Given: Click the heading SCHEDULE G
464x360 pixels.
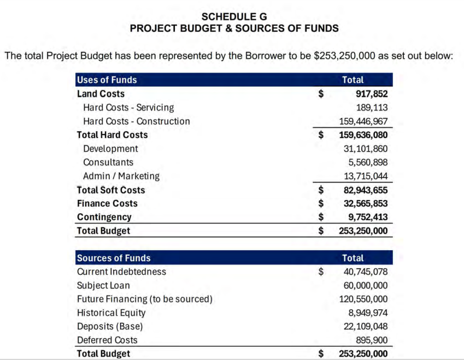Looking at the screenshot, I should click(234, 17).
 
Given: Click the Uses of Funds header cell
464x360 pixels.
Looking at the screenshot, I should click(107, 80).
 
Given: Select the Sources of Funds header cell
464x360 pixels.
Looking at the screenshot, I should click(114, 258).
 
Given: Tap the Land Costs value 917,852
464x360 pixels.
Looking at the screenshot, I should click(372, 94).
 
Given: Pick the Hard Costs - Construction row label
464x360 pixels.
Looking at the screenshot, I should click(137, 121).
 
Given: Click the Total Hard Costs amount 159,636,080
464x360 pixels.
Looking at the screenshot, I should click(363, 135).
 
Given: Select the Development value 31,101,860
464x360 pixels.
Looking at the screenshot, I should click(366, 149).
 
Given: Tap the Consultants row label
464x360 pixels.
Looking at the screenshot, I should click(108, 162).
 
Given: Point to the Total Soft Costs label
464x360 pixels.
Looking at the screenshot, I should click(111, 190).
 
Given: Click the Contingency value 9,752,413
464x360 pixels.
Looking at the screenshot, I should click(368, 217).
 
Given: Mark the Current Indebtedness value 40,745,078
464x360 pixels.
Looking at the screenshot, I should click(366, 272).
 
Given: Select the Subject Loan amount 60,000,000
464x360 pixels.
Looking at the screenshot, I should click(366, 285).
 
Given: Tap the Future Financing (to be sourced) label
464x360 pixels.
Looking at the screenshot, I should click(145, 299).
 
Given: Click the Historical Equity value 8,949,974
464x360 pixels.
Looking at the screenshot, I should click(368, 312).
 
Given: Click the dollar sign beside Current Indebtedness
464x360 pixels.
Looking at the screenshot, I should click(321, 272).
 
